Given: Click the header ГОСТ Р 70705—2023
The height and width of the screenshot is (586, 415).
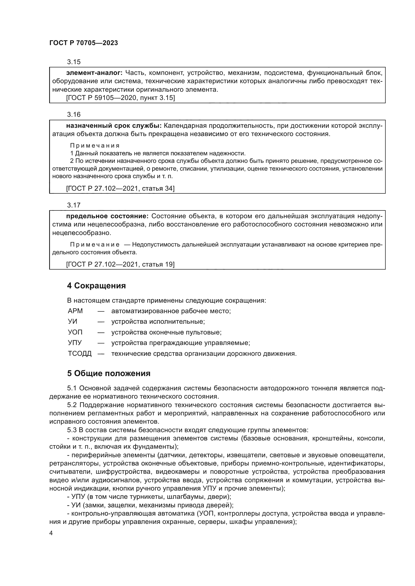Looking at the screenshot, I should (x=84, y=43).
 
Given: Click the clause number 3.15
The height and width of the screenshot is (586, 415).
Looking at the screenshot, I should (x=74, y=62).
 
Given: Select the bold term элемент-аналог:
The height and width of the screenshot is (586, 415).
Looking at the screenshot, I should (x=94, y=73).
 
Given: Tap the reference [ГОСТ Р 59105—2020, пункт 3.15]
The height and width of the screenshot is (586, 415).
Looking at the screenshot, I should (x=120, y=98).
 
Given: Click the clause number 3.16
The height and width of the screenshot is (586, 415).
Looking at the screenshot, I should (x=74, y=114).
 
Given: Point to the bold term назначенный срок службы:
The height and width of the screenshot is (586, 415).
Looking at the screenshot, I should (x=114, y=126).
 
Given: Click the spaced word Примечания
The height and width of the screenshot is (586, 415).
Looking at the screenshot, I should (x=95, y=146).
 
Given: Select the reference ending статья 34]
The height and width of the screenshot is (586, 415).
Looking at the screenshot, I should (x=120, y=188).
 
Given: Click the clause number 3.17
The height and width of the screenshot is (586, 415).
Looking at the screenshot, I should (x=74, y=205).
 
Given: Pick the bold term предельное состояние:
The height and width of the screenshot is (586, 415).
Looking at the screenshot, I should (x=107, y=216).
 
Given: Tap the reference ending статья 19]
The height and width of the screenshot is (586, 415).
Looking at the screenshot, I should (x=120, y=264).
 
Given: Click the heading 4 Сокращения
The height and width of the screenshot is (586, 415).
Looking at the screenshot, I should (x=96, y=286).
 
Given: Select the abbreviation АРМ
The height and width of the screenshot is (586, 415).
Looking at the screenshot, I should (x=75, y=311).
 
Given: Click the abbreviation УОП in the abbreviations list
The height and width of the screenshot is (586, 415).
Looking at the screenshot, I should (x=75, y=332).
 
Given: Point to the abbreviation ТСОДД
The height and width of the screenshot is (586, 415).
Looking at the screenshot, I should (x=80, y=354).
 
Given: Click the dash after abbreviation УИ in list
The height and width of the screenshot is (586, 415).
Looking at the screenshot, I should (x=101, y=322).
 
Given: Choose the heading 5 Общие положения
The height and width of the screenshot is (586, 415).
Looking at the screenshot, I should (x=109, y=374).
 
